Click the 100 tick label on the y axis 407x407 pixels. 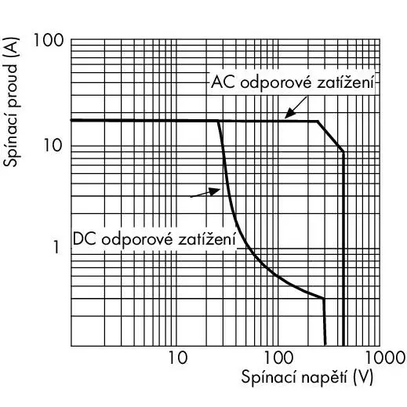tap(49, 41)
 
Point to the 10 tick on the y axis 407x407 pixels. tap(53, 145)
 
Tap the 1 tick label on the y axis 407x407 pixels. tap(56, 247)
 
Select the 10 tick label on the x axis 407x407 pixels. tap(178, 358)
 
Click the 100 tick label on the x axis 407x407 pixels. tap(278, 358)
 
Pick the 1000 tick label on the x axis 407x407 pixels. tap(385, 358)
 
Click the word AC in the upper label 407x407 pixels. tap(223, 82)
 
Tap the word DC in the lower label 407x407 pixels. tap(85, 239)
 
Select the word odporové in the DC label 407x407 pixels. tap(137, 239)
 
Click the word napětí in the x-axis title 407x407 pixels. tap(324, 377)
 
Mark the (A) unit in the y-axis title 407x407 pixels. tap(11, 48)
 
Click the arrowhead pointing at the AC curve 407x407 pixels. tap(289, 114)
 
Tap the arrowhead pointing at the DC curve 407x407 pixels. tap(216, 191)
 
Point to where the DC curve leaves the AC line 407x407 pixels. tap(218, 121)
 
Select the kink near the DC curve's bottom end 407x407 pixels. tap(324, 298)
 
